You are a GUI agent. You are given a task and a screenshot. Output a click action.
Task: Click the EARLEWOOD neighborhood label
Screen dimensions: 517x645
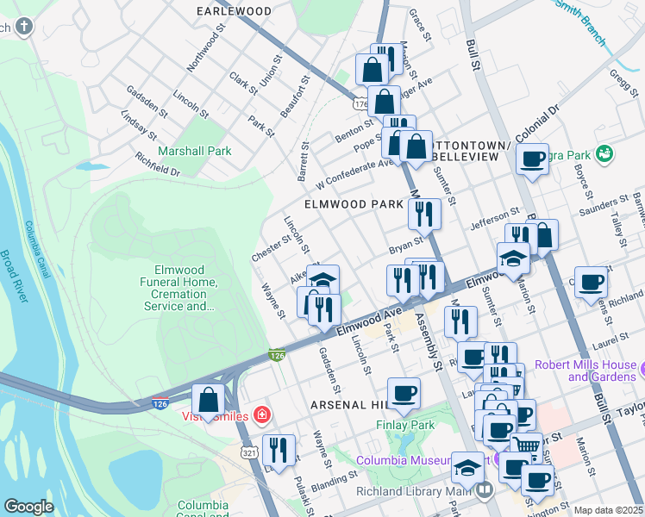234,11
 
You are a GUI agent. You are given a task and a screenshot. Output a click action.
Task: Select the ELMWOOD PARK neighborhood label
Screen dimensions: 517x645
354,205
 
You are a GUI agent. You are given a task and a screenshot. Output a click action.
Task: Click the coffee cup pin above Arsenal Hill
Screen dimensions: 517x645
404,394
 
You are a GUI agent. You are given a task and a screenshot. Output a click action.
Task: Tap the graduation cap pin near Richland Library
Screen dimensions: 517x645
467,467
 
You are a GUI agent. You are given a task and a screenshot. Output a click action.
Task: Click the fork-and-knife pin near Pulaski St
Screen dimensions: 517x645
279,450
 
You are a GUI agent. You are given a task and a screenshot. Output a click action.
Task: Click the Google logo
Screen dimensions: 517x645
28,507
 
